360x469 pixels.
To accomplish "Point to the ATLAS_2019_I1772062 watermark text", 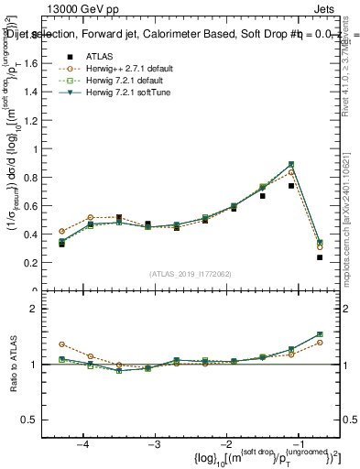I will click(191, 274).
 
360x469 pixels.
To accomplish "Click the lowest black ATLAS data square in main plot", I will click(320, 257).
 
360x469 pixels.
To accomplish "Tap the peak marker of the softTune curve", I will click(291, 165).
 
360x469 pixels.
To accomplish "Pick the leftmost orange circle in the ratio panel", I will click(61, 344).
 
